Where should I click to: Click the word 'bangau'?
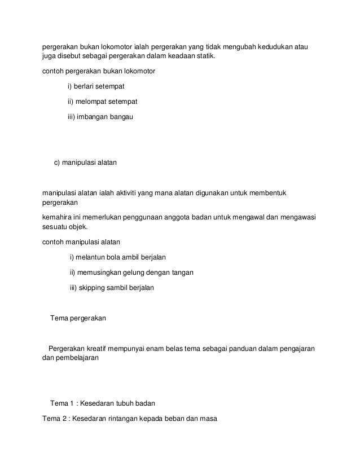[x=120, y=117]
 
